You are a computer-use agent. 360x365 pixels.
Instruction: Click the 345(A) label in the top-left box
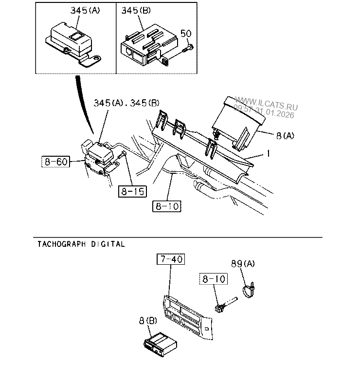pyautogui.click(x=85, y=11)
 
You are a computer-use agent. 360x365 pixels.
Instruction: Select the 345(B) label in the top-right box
pyautogui.click(x=136, y=11)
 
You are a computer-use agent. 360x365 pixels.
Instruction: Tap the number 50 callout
pyautogui.click(x=186, y=34)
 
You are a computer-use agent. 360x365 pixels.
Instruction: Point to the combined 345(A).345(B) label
pyautogui.click(x=126, y=103)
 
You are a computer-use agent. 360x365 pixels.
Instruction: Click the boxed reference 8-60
pyautogui.click(x=55, y=162)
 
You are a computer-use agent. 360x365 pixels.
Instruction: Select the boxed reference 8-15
pyautogui.click(x=132, y=192)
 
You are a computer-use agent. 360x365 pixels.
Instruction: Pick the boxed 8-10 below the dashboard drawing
pyautogui.click(x=166, y=206)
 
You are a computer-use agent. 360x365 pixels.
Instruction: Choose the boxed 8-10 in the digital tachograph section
pyautogui.click(x=214, y=279)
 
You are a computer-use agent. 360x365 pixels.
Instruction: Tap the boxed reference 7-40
pyautogui.click(x=171, y=259)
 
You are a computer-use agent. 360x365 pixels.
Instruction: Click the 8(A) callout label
pyautogui.click(x=285, y=135)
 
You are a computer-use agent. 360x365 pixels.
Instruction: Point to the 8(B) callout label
pyautogui.click(x=148, y=321)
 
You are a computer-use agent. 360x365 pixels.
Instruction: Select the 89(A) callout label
pyautogui.click(x=243, y=264)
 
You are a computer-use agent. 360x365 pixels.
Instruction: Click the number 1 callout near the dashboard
pyautogui.click(x=269, y=153)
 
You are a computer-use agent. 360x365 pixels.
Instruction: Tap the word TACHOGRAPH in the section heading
pyautogui.click(x=62, y=244)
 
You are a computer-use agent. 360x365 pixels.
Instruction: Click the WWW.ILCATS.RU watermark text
pyautogui.click(x=266, y=104)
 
